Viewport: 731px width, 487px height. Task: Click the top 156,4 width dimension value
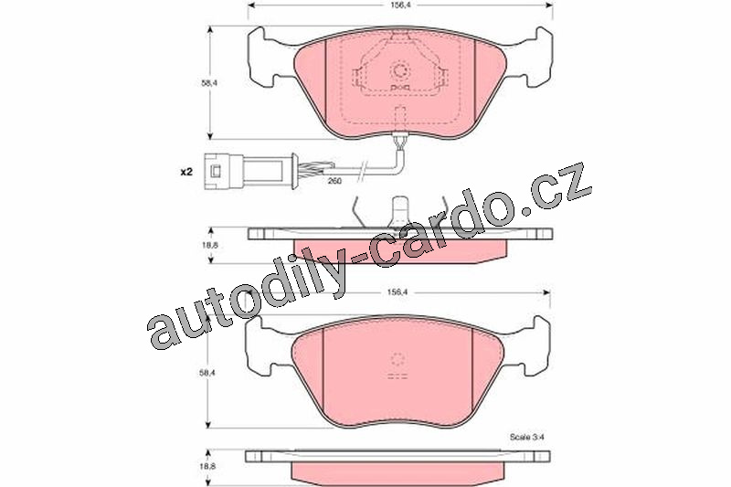pyautogui.click(x=397, y=5)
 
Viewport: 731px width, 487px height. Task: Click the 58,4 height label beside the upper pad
pyautogui.click(x=209, y=83)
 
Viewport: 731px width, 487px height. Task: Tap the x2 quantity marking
pyautogui.click(x=186, y=172)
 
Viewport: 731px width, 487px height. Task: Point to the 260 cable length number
pyautogui.click(x=334, y=180)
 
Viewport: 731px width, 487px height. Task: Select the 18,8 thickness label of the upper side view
pyautogui.click(x=209, y=244)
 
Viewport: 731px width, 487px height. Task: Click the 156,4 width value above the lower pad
pyautogui.click(x=397, y=292)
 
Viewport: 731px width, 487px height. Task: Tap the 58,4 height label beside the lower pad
pyautogui.click(x=209, y=373)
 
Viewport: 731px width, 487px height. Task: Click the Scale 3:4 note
pyautogui.click(x=527, y=437)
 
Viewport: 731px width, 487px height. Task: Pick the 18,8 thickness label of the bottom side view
pyautogui.click(x=209, y=466)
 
